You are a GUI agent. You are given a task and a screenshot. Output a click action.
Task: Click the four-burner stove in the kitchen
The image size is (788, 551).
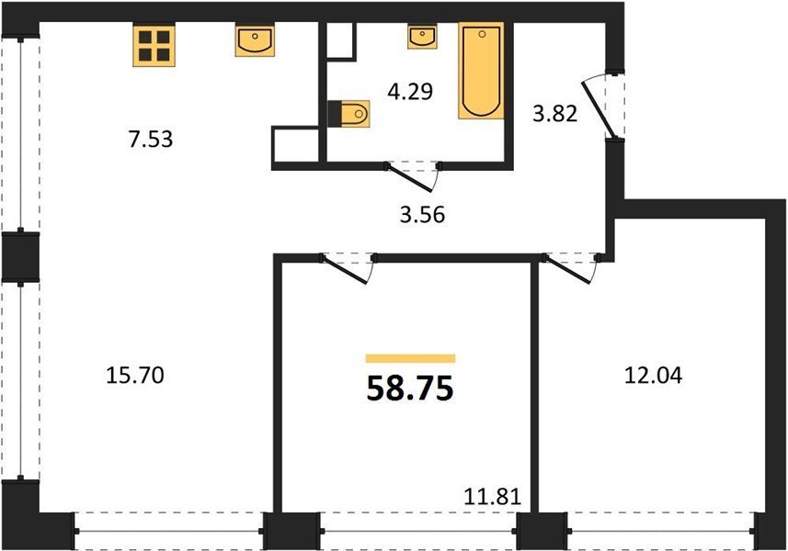pos(154,46)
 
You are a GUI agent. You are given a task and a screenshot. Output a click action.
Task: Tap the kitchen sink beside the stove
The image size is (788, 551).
pos(255,41)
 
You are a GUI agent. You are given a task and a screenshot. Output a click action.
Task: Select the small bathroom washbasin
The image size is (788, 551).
pos(422,37)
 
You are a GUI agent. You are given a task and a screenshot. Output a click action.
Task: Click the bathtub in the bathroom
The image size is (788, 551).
pos(481,71)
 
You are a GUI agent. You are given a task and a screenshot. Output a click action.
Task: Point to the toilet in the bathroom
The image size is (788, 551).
pos(348,114)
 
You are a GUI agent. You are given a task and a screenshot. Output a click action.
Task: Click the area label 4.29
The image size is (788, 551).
pos(411,92)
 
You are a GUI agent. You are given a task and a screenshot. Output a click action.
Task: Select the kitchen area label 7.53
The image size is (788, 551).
pos(151,140)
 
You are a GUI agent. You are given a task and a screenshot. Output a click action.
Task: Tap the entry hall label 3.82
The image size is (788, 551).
pos(554,114)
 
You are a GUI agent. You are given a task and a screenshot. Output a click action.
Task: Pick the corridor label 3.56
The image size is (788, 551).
pos(423,215)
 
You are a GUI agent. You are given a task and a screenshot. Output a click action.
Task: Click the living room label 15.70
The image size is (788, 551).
pos(135,376)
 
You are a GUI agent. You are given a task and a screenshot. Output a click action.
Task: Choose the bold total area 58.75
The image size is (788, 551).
pos(410,388)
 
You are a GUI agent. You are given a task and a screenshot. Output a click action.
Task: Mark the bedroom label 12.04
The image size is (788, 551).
pos(654,376)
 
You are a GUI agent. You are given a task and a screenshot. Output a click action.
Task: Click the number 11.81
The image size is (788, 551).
pos(493,498)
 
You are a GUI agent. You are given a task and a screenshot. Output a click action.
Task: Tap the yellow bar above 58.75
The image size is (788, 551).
pos(411,358)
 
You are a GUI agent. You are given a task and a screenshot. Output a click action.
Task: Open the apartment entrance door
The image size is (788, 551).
pos(598,109)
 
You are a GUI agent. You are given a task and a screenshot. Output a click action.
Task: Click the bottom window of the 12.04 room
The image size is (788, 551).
pos(662,531)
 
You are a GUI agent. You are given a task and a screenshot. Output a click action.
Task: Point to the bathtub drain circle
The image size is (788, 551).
pos(483,34)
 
